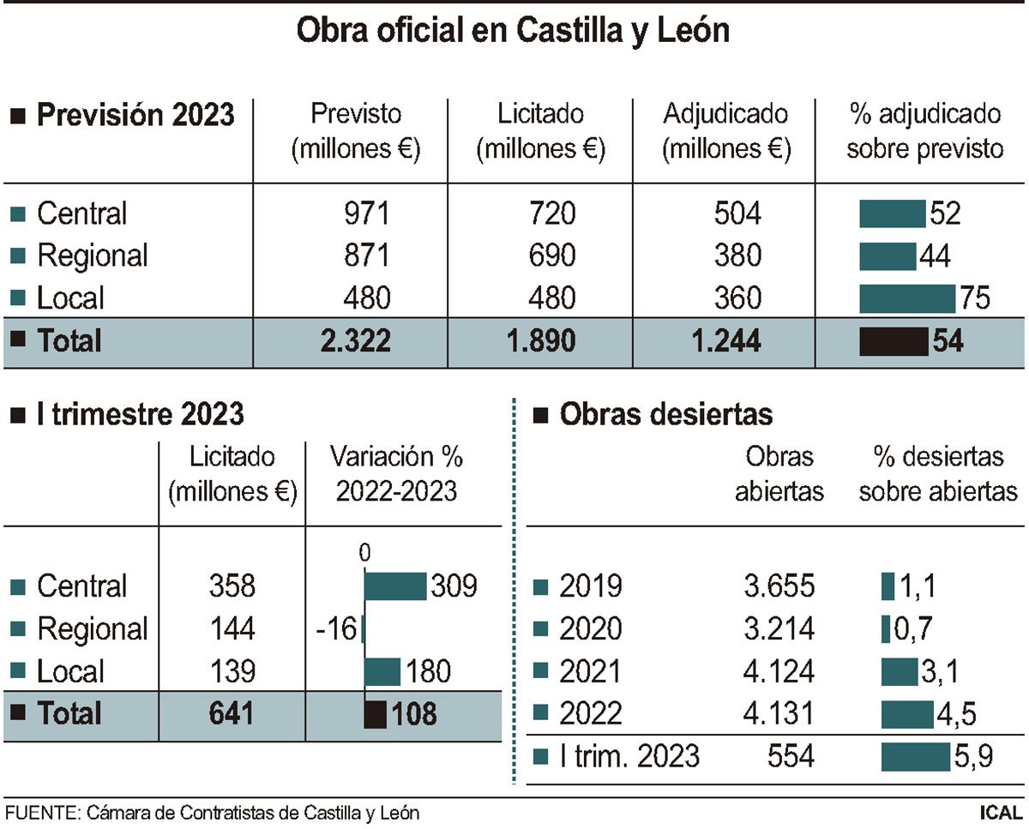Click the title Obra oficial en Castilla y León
pos(513,31)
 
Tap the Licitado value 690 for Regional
pos(552,255)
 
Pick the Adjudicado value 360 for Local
pos(737,297)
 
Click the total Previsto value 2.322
pos(355,340)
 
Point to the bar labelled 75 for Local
pos(906,298)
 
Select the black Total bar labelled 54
pos(893,341)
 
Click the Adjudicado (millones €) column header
pos(725,131)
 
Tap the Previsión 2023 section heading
pos(135,115)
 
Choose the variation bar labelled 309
pos(395,586)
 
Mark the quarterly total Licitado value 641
pos(232,713)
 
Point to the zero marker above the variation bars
pos(364,554)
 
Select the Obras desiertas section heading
pos(665,415)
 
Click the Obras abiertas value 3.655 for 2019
pos(779,586)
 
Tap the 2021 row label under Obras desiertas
pos(590,671)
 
